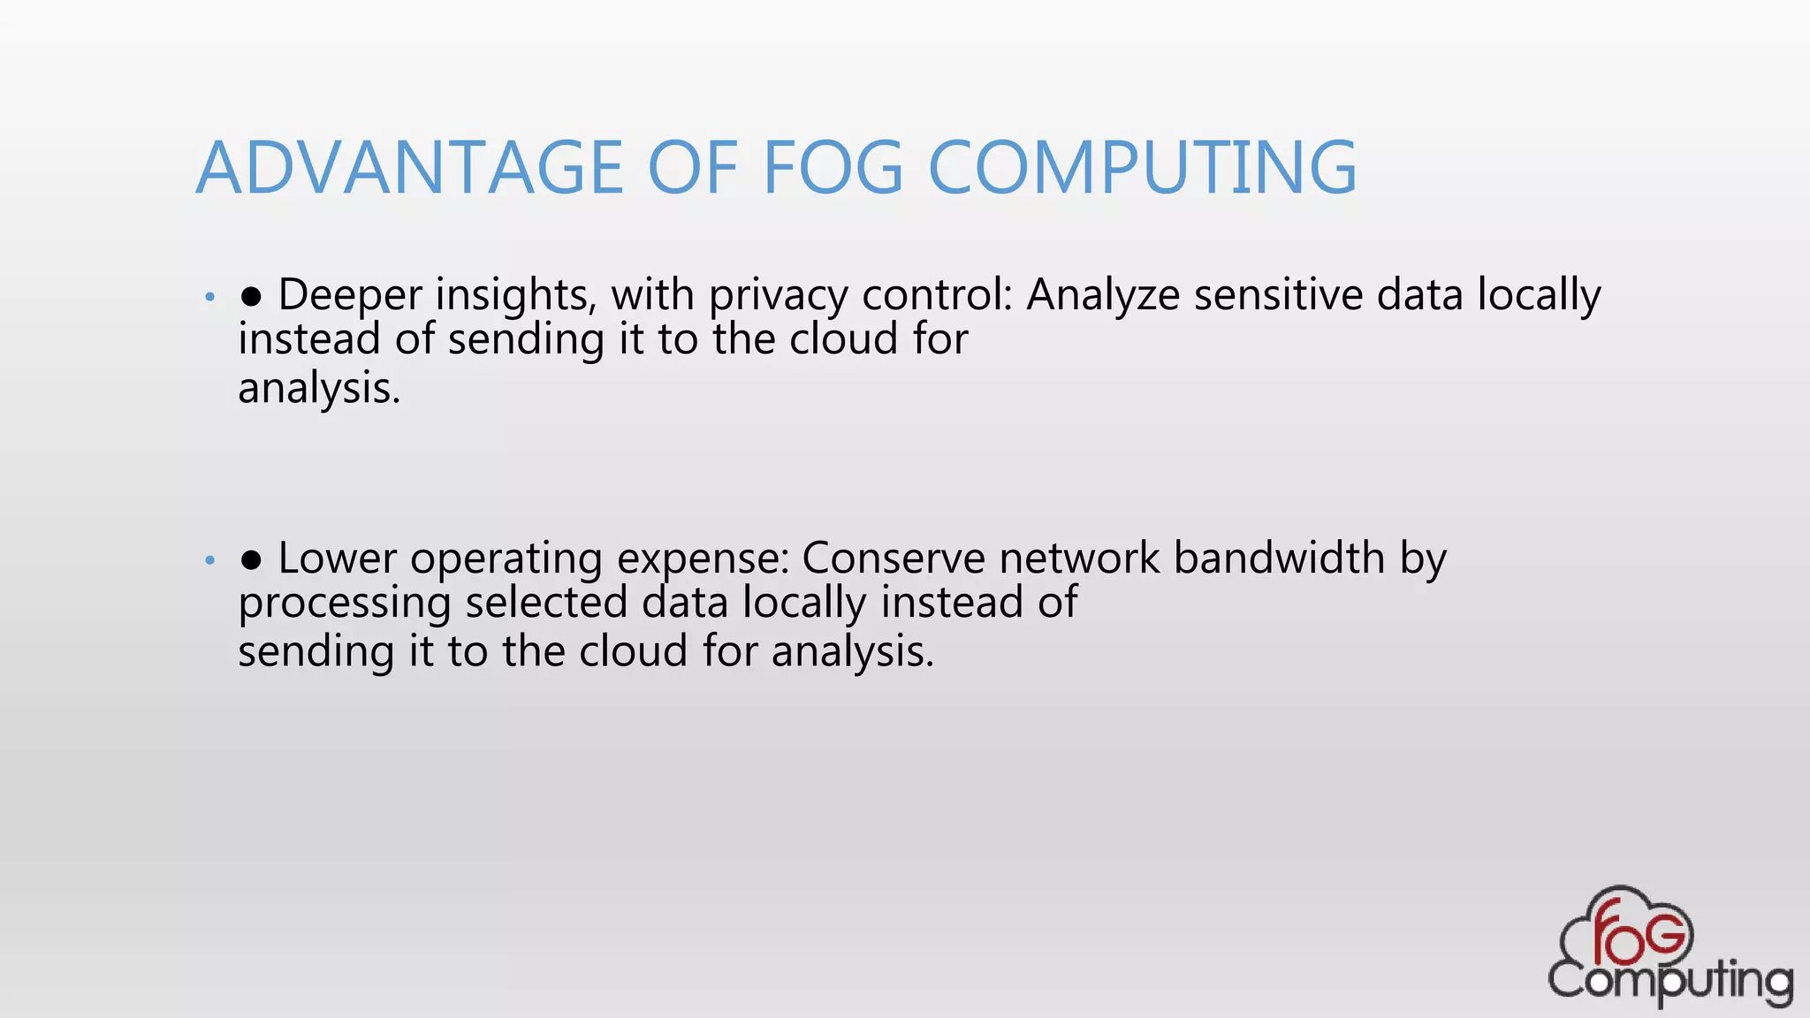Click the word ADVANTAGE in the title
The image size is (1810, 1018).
coord(410,168)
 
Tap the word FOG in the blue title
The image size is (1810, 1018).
coord(833,168)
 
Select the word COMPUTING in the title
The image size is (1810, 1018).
coord(1142,168)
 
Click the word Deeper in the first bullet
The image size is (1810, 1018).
coord(350,296)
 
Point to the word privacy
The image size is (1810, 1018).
coord(778,296)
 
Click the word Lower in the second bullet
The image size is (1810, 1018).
coord(338,558)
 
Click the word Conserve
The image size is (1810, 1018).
coord(894,558)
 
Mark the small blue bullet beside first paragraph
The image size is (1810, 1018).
coord(209,297)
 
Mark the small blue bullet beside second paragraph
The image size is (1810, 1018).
coord(209,560)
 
